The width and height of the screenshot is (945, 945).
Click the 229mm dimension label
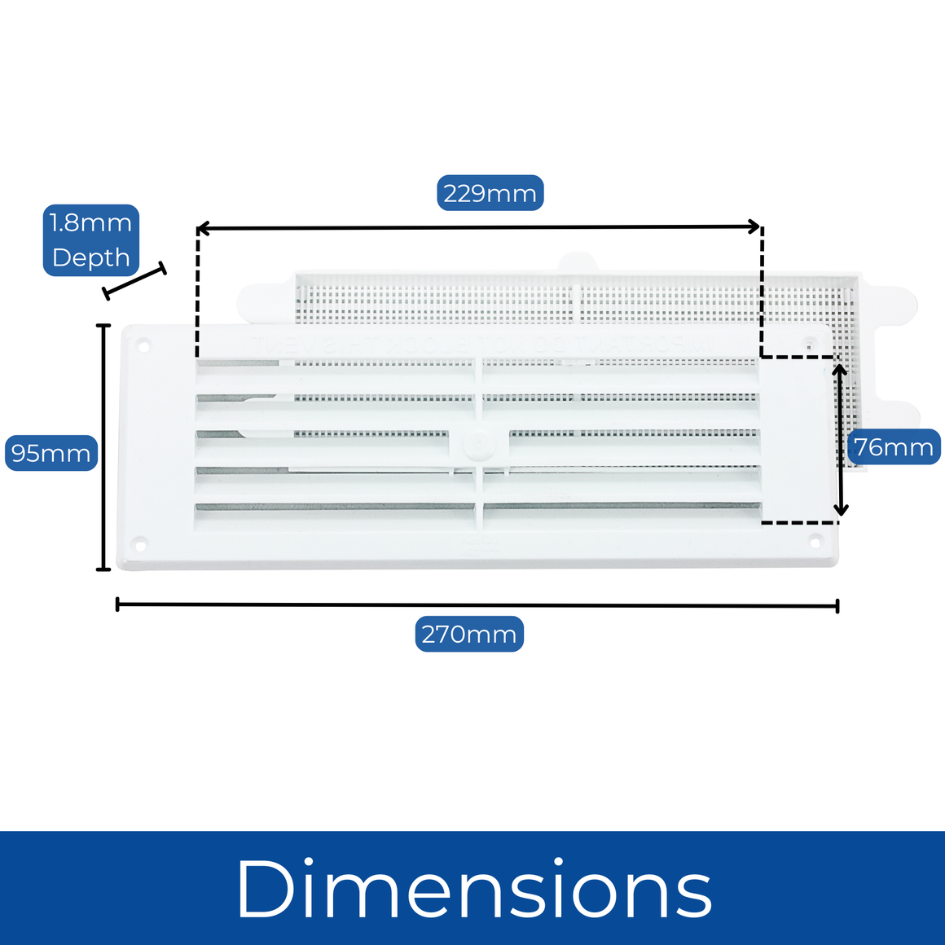490,193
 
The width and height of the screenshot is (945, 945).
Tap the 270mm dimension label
469,634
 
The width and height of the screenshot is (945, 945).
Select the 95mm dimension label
51,453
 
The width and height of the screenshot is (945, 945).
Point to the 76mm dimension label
894,446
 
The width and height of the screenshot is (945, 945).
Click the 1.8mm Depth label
91,240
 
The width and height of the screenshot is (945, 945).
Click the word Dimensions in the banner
475,889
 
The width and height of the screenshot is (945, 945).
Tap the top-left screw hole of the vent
143,346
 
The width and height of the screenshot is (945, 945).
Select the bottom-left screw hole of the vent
140,545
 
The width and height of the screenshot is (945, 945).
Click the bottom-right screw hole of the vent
815,542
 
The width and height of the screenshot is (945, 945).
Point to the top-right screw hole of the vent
810,345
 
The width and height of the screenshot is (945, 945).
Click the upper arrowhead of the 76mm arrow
840,369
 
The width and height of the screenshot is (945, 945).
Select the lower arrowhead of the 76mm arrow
841,509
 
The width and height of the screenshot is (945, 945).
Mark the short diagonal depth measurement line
134,281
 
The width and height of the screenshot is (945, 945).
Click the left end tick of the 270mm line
117,604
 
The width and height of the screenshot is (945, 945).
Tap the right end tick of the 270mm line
837,606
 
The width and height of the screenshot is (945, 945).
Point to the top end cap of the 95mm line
103,325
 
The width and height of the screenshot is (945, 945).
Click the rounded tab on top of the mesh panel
577,263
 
